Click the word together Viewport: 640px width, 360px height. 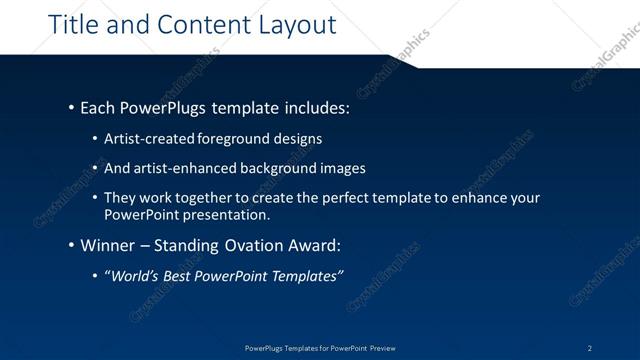click(x=200, y=198)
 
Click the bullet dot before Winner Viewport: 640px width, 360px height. click(x=71, y=245)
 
